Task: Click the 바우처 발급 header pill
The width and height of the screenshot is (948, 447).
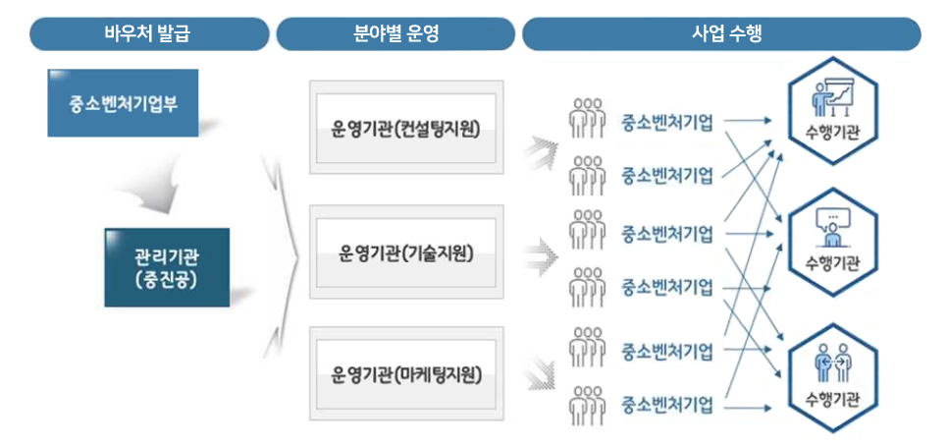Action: (147, 33)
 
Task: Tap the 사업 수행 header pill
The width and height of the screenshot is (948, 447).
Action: (721, 33)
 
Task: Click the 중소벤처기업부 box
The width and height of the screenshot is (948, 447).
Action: (123, 102)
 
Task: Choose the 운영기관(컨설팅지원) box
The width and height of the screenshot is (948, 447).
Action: (406, 129)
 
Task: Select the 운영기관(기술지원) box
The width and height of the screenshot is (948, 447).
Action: (406, 252)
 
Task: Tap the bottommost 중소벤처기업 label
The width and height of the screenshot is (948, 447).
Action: (666, 404)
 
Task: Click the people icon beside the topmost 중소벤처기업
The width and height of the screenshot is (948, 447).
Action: (587, 118)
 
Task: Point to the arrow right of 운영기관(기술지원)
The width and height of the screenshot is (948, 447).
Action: (538, 256)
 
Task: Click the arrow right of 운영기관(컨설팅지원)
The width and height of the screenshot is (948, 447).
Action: (538, 149)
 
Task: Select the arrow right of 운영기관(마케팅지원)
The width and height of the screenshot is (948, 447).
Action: (538, 372)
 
